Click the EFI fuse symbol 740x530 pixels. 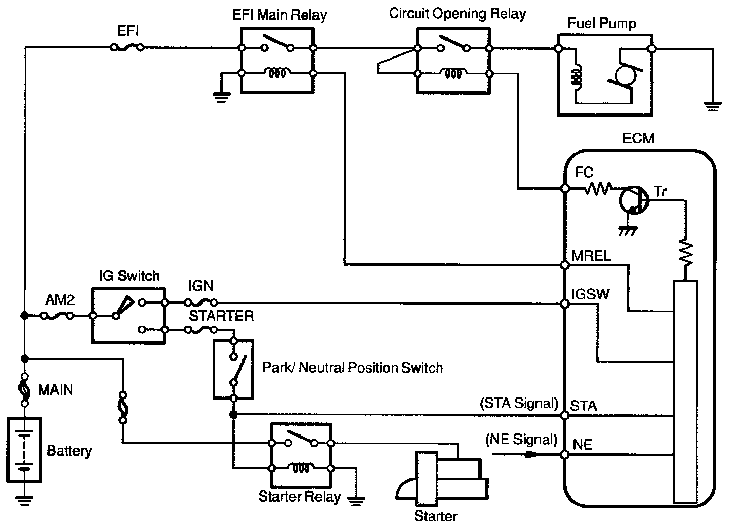point(127,48)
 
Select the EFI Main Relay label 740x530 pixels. point(279,15)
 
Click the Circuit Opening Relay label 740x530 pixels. point(457,14)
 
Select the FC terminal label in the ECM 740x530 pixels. point(584,173)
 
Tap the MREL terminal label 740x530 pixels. point(591,256)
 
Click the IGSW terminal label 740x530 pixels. point(590,294)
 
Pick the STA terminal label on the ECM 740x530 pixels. point(584,406)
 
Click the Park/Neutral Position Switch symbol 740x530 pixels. point(233,369)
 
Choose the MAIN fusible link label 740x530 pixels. point(56,390)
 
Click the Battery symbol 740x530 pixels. point(24,450)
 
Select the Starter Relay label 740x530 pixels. point(299,497)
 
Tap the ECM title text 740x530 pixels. point(638,139)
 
